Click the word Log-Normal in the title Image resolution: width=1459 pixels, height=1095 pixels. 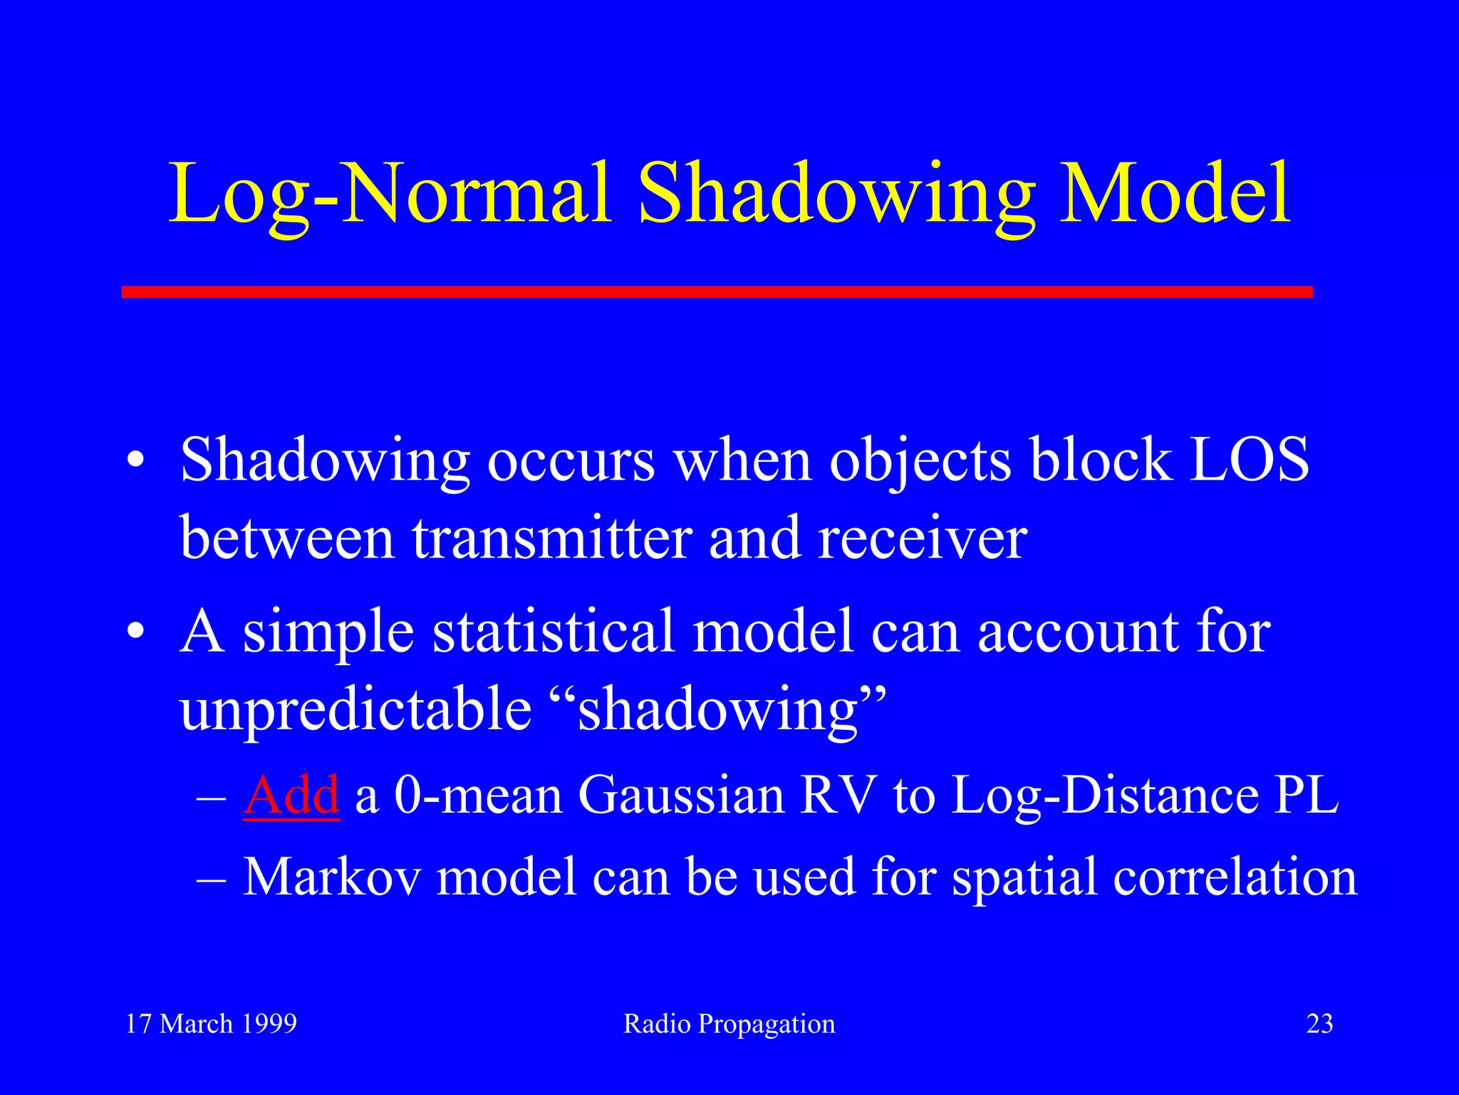click(388, 194)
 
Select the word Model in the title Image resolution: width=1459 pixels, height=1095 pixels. click(1175, 194)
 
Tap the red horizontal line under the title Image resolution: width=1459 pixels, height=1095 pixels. click(717, 292)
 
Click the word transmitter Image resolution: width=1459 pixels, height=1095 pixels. click(552, 538)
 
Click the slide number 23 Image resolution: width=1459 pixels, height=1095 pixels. click(1319, 1024)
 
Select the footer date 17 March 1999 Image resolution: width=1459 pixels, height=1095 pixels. click(211, 1024)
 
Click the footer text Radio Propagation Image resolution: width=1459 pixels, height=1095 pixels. click(729, 1024)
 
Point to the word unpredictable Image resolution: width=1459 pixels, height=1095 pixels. click(356, 709)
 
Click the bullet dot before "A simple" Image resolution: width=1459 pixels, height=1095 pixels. click(135, 632)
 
